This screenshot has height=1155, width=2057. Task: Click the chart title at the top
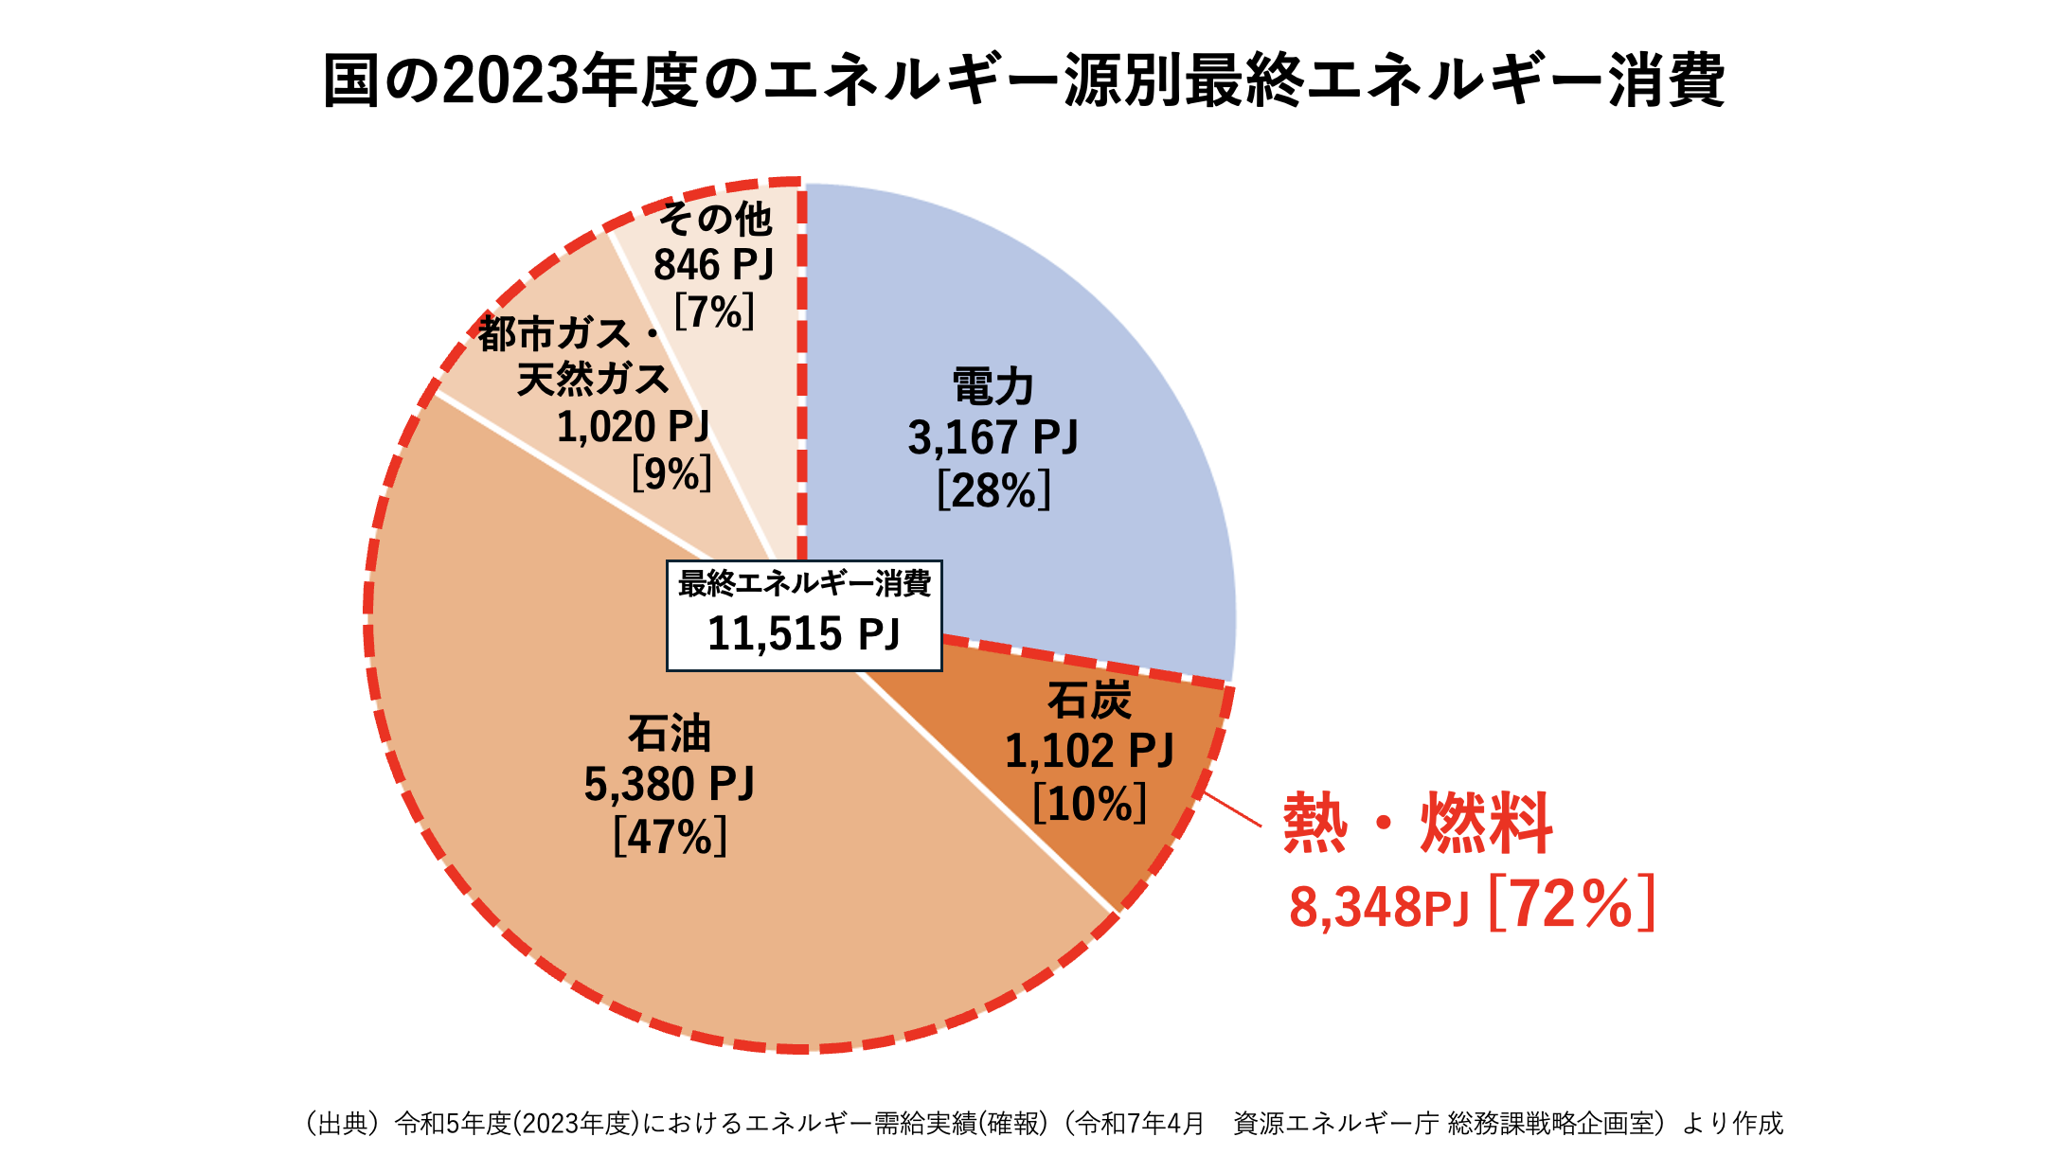pos(1025,81)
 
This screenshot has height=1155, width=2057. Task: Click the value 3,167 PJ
pos(993,437)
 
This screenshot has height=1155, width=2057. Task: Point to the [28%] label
pos(993,490)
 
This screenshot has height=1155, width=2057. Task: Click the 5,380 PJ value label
pos(669,784)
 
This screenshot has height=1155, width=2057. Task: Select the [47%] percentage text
pos(670,836)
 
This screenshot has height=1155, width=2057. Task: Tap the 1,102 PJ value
pos(1089,752)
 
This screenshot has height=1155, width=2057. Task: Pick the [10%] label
pos(1089,804)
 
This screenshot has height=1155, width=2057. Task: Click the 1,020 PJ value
pos(633,427)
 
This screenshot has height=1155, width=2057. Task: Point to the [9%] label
pos(671,472)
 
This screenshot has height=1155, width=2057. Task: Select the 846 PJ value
pos(714,265)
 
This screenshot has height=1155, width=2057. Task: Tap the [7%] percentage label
pos(714,311)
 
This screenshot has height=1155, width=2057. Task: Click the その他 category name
pos(715,220)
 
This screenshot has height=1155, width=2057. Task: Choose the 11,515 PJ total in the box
pos(803,633)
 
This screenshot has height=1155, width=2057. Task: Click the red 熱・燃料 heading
pos(1418,823)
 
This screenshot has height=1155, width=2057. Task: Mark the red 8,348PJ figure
pos(1378,907)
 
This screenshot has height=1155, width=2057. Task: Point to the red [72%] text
pos(1572,904)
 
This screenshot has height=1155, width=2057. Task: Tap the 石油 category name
pos(669,734)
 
